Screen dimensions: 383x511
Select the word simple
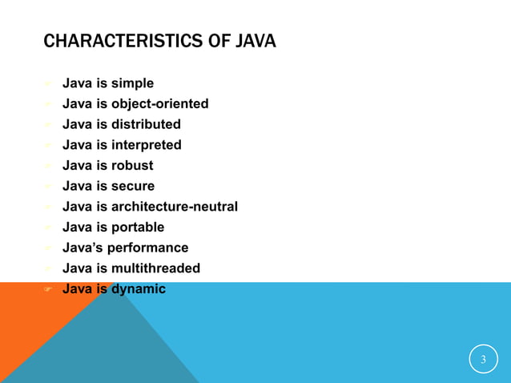click(132, 83)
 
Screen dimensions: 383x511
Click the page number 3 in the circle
click(483, 359)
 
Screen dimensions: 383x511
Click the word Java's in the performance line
click(84, 248)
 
